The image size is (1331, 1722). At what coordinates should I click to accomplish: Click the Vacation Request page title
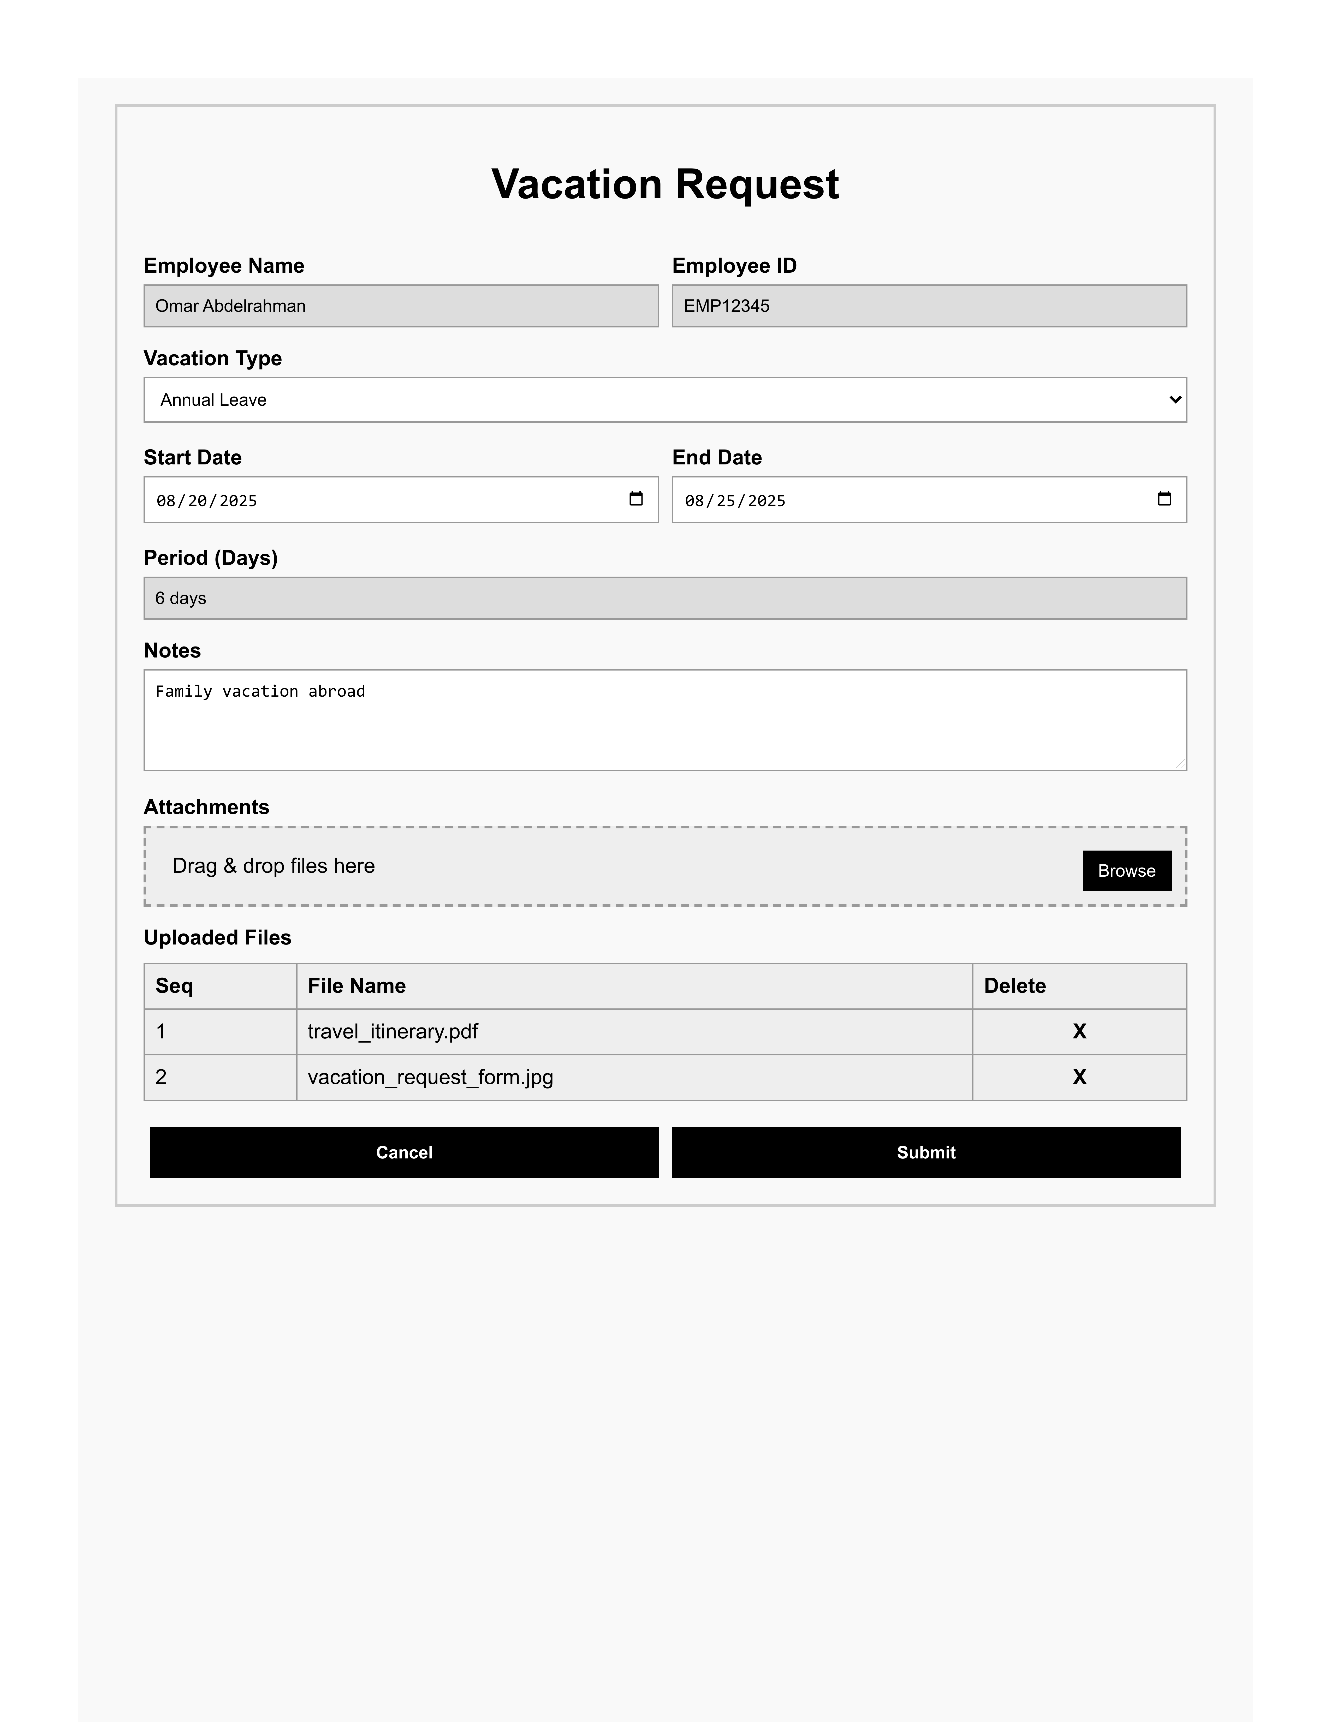(665, 184)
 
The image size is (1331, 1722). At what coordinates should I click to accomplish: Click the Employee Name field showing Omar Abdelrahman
(401, 306)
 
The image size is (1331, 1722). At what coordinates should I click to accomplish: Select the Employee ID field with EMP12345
(929, 306)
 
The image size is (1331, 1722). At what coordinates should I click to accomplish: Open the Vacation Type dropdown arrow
(1174, 400)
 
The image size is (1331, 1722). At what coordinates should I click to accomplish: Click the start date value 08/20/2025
(207, 501)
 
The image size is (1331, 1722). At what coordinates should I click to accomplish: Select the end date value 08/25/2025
(735, 501)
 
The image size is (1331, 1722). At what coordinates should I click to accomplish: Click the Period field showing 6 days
(665, 599)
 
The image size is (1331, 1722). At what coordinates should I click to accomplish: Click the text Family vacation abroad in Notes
(260, 691)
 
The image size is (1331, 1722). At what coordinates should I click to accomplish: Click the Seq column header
(174, 985)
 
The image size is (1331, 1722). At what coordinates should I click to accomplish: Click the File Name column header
(356, 985)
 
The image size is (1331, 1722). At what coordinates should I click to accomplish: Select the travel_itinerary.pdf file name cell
(393, 1031)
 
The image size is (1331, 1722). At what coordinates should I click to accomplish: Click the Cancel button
(404, 1153)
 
